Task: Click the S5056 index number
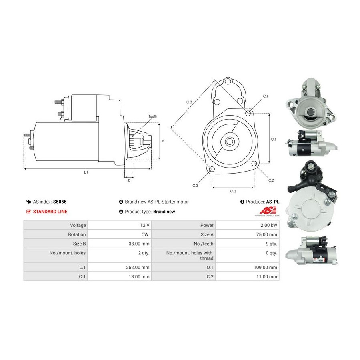click(60, 202)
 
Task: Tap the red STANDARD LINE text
click(50, 212)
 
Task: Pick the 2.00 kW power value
click(269, 225)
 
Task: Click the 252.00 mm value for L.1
click(138, 268)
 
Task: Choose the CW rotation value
click(145, 234)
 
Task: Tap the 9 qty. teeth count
click(271, 244)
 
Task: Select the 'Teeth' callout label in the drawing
click(153, 116)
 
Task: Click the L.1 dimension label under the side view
click(86, 172)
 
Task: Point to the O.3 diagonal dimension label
click(189, 102)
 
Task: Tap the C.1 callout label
click(266, 96)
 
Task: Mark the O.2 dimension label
click(233, 191)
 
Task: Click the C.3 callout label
click(195, 186)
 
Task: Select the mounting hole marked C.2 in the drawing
click(254, 164)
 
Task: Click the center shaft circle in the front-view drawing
click(229, 142)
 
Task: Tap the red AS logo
click(268, 210)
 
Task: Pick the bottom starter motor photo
click(312, 251)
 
